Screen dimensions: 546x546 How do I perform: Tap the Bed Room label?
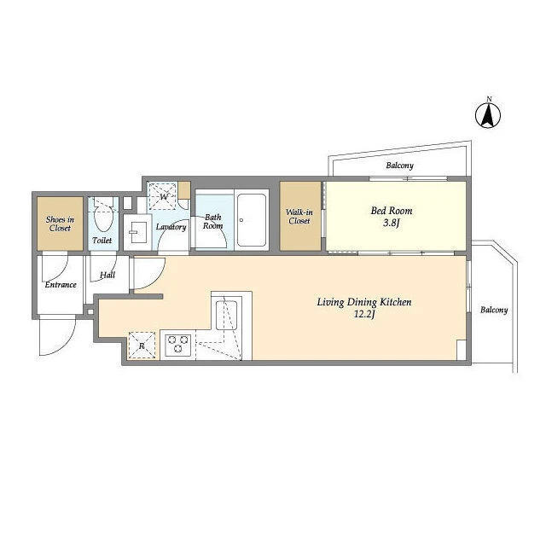(x=392, y=211)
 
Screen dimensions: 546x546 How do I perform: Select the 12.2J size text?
(x=364, y=315)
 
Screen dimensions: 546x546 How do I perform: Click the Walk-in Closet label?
(x=299, y=216)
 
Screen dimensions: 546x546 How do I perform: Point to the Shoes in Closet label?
(x=60, y=224)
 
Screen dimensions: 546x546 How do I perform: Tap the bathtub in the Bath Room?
(x=252, y=220)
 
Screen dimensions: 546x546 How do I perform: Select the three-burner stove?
(x=177, y=345)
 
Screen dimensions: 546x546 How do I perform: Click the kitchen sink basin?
(x=226, y=315)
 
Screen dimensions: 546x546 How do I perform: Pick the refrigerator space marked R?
(x=142, y=346)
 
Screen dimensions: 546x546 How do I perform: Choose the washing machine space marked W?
(x=163, y=196)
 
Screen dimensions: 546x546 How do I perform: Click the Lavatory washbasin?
(x=138, y=232)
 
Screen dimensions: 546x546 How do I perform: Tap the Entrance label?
(x=61, y=284)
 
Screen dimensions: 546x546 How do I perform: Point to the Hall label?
(x=107, y=275)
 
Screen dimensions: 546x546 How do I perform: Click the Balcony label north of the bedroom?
(x=400, y=166)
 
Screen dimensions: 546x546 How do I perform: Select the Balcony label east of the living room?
(x=494, y=310)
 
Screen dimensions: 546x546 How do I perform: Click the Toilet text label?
(x=102, y=241)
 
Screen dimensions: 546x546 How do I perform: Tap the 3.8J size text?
(x=391, y=223)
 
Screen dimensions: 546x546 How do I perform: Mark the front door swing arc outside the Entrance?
(x=67, y=345)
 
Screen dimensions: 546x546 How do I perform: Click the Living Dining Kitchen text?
(x=364, y=302)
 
